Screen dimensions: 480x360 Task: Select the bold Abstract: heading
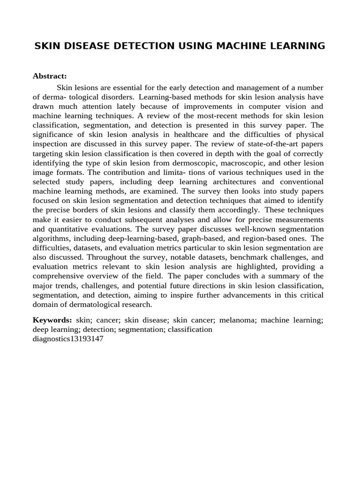[x=50, y=76]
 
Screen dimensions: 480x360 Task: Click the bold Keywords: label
[x=52, y=320]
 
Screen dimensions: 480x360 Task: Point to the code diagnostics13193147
[x=68, y=339]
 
